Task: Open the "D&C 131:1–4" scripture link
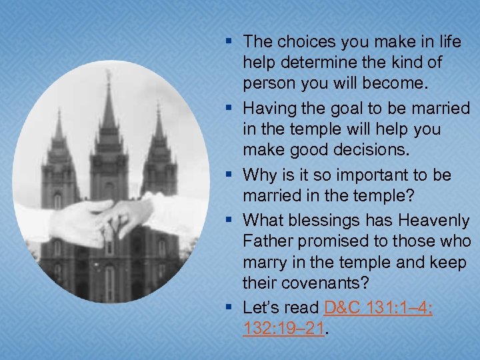[378, 308]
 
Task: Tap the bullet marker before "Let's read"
[229, 308]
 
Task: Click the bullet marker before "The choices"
[229, 42]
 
